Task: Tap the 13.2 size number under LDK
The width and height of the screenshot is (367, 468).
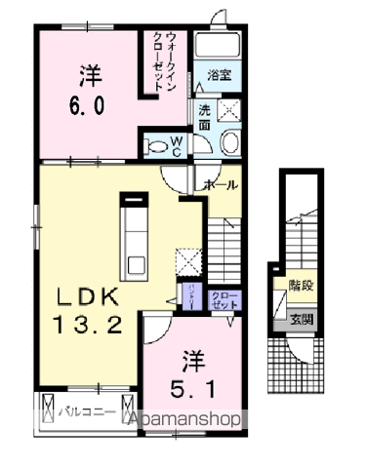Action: pos(89,327)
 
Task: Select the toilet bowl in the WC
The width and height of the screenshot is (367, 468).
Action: pos(155,146)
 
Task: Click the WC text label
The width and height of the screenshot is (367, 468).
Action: pos(178,145)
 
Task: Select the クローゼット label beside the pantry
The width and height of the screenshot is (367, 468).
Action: pos(224,300)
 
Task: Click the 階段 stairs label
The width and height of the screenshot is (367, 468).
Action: pos(301,286)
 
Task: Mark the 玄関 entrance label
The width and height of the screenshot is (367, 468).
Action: pos(301,319)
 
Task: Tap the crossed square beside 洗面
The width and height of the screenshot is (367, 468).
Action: pos(231,110)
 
